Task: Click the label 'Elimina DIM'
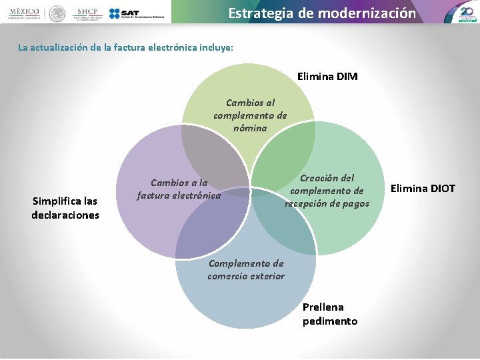327,77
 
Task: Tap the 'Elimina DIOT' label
423,189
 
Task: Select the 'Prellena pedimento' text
330,314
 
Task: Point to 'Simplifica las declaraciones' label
65,208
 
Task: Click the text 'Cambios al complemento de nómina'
250,115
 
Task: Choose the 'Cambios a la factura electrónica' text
179,189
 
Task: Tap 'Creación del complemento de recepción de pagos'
327,191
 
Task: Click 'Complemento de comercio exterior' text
246,269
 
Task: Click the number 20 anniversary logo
466,12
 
